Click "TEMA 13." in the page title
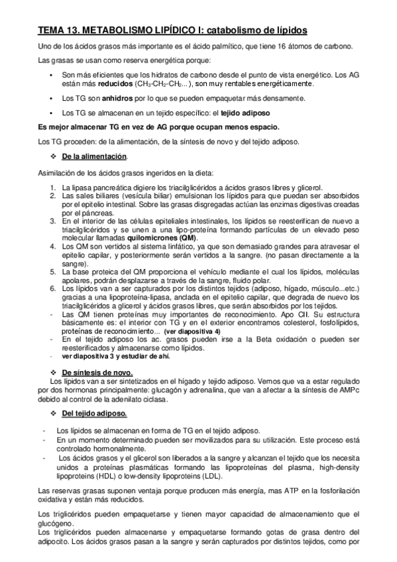58,30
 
